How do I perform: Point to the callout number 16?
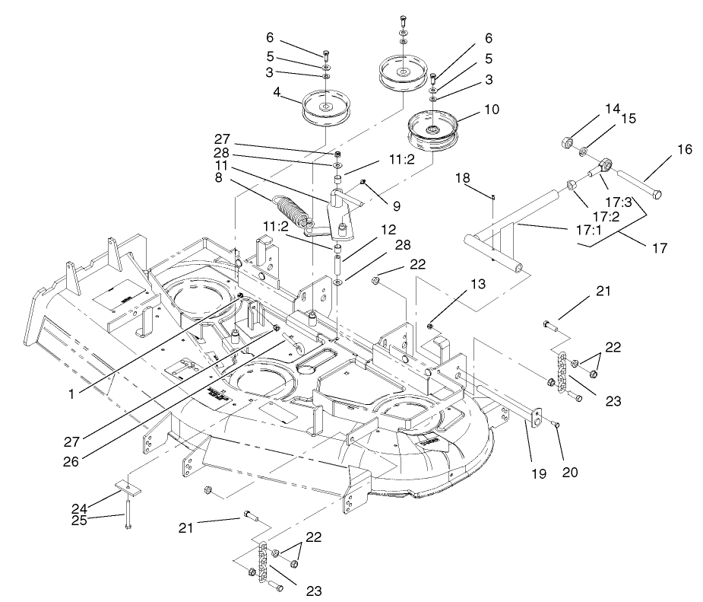click(685, 149)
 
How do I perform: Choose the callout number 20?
click(571, 472)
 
